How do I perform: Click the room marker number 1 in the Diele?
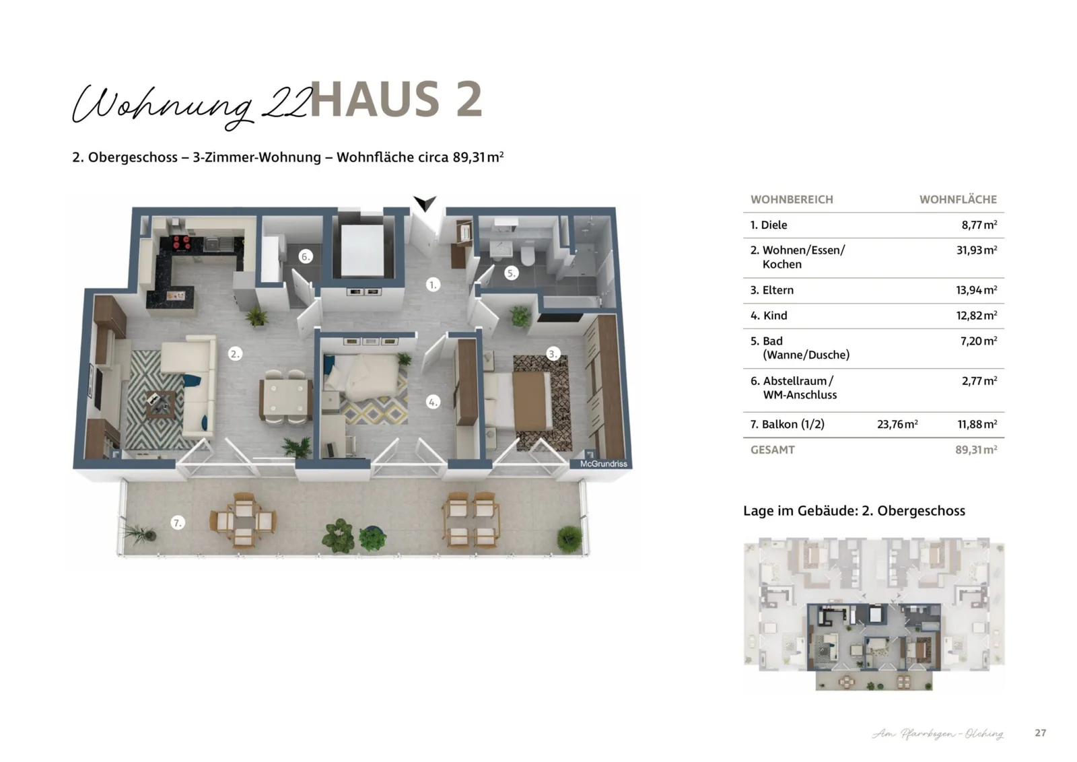click(433, 285)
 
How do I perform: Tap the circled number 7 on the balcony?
click(177, 523)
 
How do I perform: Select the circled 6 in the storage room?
click(305, 256)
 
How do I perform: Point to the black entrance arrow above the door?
click(425, 203)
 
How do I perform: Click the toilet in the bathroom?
click(527, 254)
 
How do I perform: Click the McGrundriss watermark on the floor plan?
click(603, 464)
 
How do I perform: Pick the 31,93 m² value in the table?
click(976, 250)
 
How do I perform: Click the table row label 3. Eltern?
click(772, 290)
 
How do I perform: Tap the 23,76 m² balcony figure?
click(897, 424)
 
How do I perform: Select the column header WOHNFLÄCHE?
click(958, 199)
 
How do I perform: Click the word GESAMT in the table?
click(773, 450)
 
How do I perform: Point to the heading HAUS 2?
click(396, 100)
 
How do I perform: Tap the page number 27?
click(1041, 732)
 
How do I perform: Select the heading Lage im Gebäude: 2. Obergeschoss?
click(854, 510)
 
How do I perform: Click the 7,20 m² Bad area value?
click(978, 341)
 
